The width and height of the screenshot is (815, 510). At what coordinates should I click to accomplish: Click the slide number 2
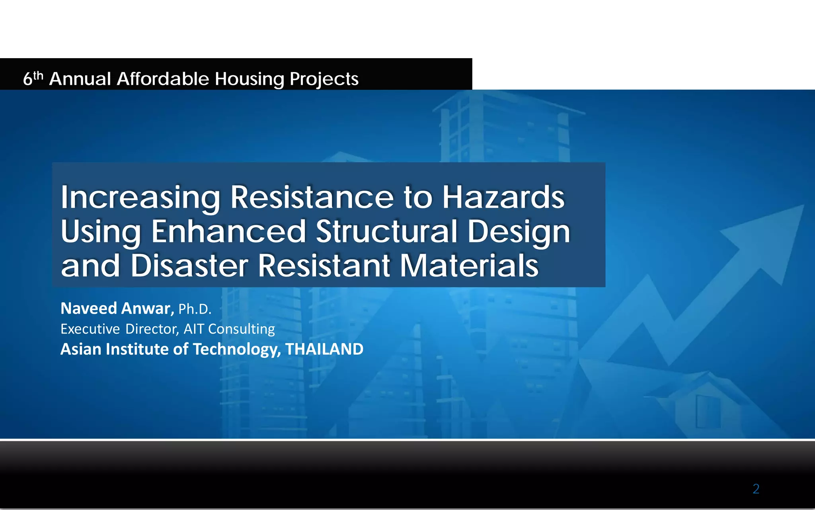(x=756, y=488)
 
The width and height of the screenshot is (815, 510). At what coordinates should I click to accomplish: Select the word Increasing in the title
(x=140, y=198)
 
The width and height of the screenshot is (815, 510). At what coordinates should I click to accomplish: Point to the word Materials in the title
(x=469, y=265)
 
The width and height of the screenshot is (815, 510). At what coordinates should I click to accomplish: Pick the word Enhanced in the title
(x=228, y=231)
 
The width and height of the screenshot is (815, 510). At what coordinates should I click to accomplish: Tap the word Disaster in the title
(x=189, y=265)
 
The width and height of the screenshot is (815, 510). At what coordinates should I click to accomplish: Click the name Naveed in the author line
(x=88, y=308)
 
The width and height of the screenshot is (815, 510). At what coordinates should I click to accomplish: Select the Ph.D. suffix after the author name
(x=195, y=309)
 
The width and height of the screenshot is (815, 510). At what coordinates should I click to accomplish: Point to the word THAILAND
(x=324, y=349)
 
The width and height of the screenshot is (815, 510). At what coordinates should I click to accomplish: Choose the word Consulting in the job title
(x=241, y=329)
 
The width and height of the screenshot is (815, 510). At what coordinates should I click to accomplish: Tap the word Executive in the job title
(x=90, y=329)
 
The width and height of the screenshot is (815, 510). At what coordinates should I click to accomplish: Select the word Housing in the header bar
(x=250, y=79)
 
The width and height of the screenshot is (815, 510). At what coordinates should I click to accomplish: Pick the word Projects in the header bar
(x=324, y=79)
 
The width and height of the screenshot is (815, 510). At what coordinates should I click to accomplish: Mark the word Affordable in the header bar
(x=163, y=78)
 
